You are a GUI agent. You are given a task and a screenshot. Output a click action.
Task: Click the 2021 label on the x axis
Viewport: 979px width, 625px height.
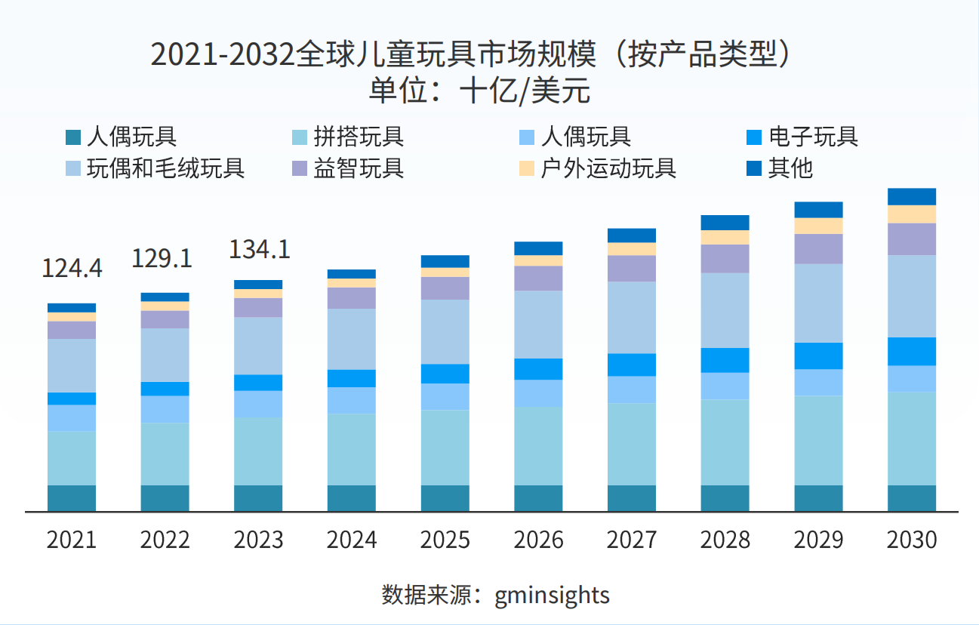tap(72, 540)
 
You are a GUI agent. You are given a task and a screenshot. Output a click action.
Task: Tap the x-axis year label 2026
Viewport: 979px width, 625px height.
tap(538, 540)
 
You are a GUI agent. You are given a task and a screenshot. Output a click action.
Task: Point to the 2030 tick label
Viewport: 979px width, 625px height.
tap(912, 540)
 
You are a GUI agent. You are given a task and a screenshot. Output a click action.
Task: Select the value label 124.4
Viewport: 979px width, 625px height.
tap(72, 268)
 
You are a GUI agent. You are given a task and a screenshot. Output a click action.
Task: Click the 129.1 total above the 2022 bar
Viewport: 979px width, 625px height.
tap(162, 258)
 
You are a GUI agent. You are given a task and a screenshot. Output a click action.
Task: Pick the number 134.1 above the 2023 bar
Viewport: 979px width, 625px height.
tap(260, 249)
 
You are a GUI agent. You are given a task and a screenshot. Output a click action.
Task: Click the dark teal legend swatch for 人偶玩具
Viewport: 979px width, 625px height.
tap(73, 138)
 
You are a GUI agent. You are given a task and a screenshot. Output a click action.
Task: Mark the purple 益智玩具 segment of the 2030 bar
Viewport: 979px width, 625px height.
tap(912, 239)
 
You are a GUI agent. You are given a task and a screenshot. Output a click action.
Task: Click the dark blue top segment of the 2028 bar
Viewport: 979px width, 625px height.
tap(725, 223)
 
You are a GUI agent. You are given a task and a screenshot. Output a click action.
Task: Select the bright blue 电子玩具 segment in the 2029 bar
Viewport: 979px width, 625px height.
tap(819, 356)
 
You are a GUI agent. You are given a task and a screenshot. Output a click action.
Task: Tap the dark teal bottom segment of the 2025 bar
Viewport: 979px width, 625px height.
tap(445, 498)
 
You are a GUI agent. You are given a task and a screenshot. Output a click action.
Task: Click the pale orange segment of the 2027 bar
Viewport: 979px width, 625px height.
tap(632, 249)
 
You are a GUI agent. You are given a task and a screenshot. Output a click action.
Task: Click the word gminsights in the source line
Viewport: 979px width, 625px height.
tap(552, 595)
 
